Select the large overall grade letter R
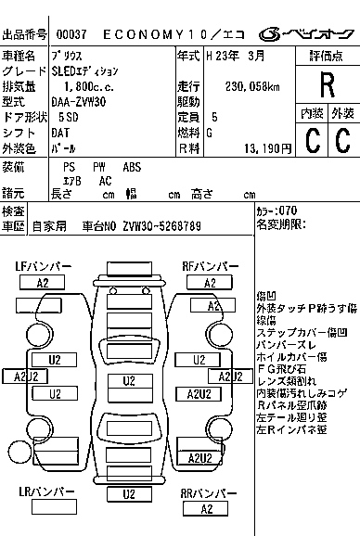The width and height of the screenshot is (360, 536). click(327, 84)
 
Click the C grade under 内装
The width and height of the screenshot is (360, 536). click(313, 140)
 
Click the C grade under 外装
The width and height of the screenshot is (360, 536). click(342, 140)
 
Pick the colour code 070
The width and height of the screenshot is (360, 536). click(286, 211)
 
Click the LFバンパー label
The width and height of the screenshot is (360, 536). click(43, 267)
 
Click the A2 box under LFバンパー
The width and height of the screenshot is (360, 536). click(42, 282)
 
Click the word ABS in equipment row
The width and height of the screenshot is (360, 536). click(133, 168)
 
